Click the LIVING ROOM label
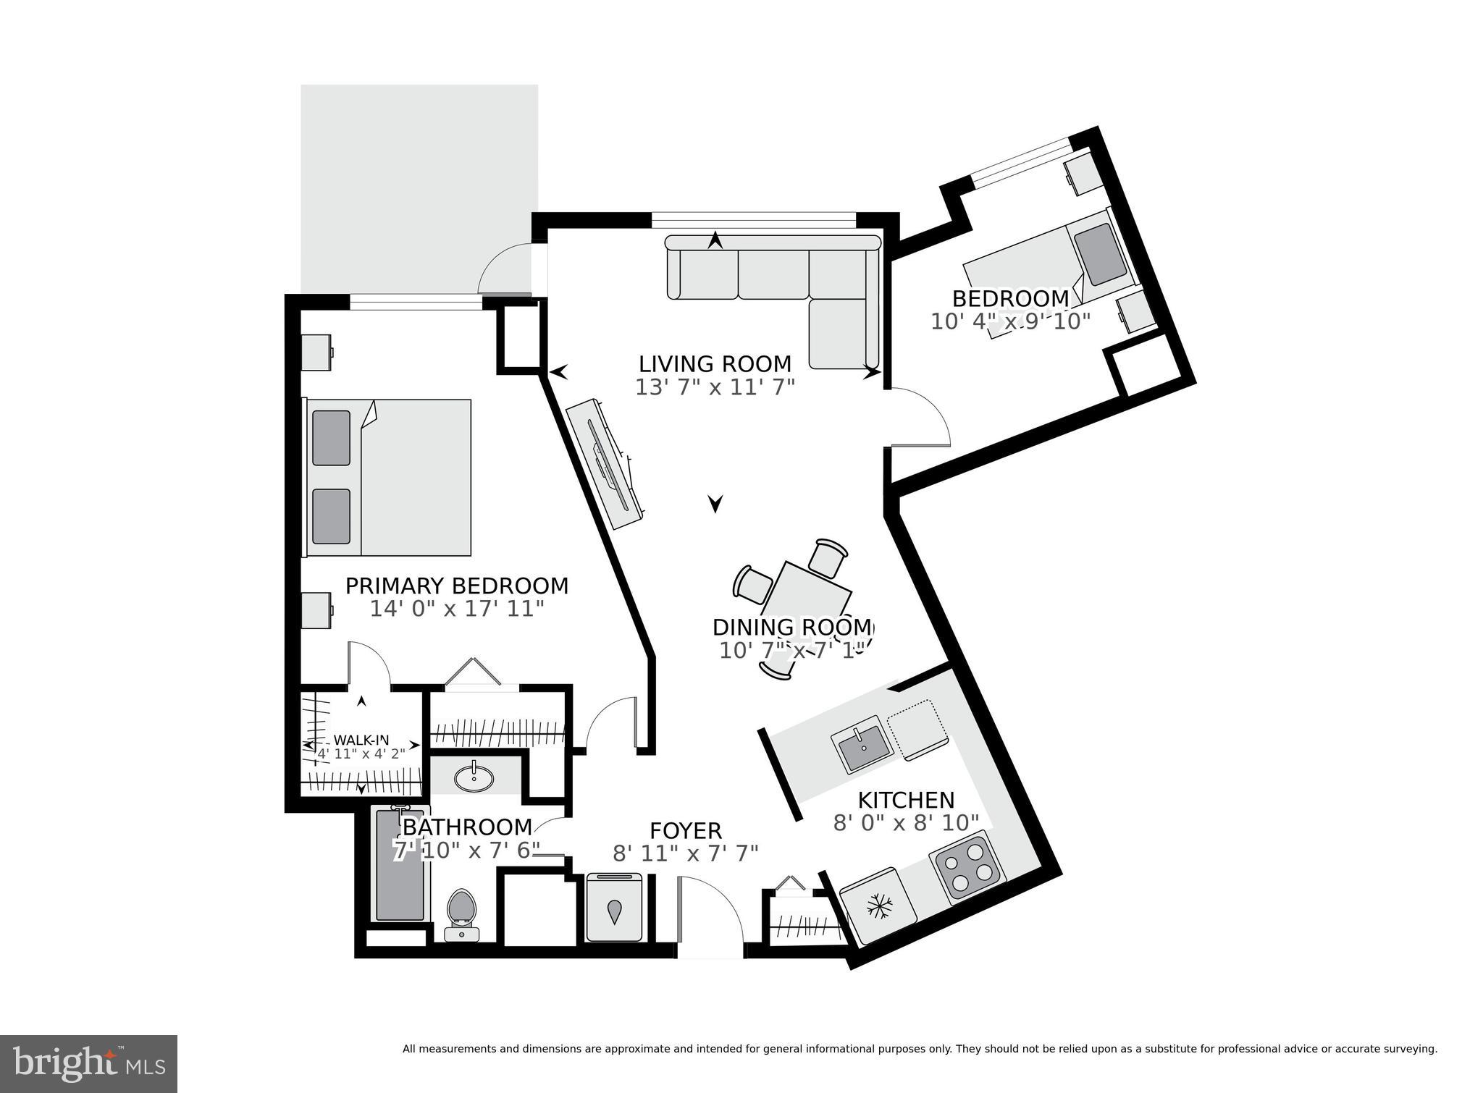[715, 363]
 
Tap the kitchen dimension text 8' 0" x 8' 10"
[906, 823]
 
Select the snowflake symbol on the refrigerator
[879, 905]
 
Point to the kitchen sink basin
[861, 748]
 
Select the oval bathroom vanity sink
[474, 778]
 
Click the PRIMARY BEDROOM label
[456, 586]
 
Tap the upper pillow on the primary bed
[331, 438]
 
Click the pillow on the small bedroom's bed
[1100, 253]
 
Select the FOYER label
[685, 830]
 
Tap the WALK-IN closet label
[361, 740]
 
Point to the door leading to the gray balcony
[504, 271]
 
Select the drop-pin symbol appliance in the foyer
[614, 910]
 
